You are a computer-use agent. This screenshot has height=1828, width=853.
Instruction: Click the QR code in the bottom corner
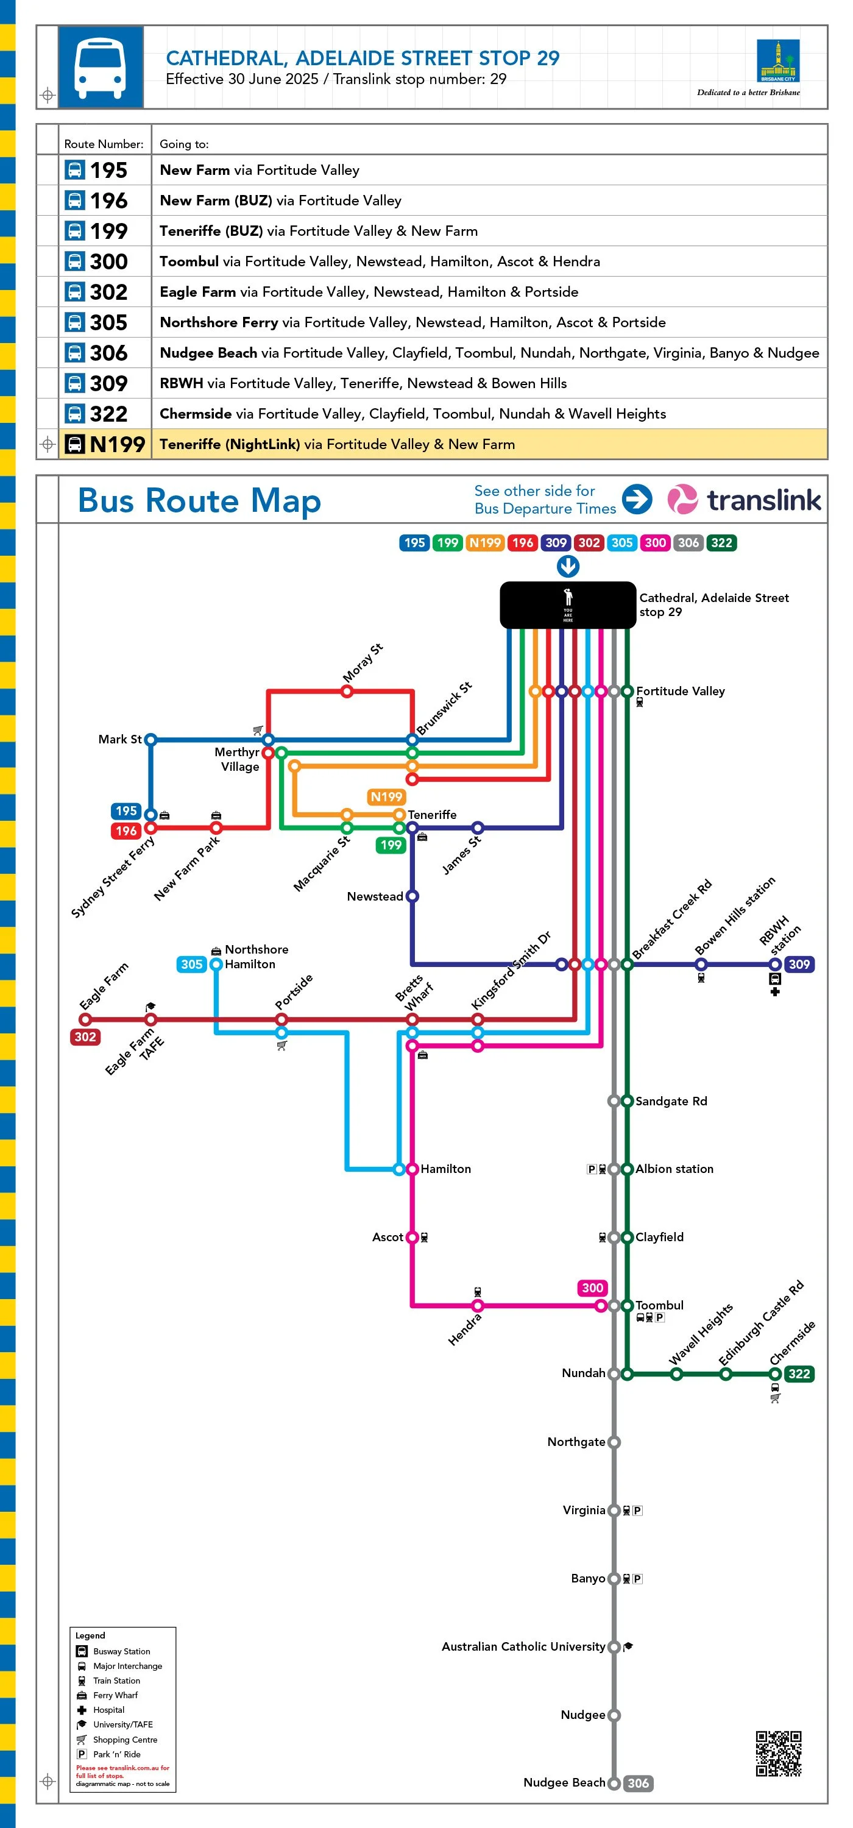click(x=778, y=1753)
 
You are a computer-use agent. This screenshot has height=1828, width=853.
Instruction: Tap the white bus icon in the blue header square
click(x=100, y=68)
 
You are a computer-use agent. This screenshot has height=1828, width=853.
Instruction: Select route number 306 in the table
click(x=108, y=353)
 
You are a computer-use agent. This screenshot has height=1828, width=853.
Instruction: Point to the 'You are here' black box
click(x=568, y=604)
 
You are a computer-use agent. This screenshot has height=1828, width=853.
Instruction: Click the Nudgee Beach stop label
click(x=564, y=1782)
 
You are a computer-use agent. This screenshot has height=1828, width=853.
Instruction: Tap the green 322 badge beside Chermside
click(x=798, y=1374)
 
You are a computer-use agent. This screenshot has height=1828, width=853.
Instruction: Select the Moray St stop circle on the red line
click(x=347, y=691)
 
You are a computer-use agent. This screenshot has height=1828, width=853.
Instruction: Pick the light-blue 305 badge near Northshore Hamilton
click(x=191, y=965)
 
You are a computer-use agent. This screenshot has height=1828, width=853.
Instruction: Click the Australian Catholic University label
click(x=523, y=1646)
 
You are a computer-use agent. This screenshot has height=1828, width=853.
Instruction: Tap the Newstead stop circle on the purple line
click(x=412, y=896)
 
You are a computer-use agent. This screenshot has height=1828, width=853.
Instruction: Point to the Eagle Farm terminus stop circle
click(x=85, y=1020)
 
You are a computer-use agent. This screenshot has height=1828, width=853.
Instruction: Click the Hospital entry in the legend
click(x=108, y=1710)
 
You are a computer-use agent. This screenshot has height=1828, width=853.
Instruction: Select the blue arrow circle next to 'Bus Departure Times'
click(x=637, y=499)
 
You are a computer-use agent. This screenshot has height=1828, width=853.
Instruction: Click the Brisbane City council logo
click(x=778, y=62)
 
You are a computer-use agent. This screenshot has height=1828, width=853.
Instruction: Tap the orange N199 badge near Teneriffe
click(x=386, y=797)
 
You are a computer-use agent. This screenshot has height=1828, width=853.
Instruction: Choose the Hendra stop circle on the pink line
click(x=478, y=1306)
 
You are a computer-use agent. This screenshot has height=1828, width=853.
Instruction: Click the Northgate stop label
click(x=576, y=1442)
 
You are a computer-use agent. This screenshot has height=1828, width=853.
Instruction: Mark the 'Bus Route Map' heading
click(x=199, y=500)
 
